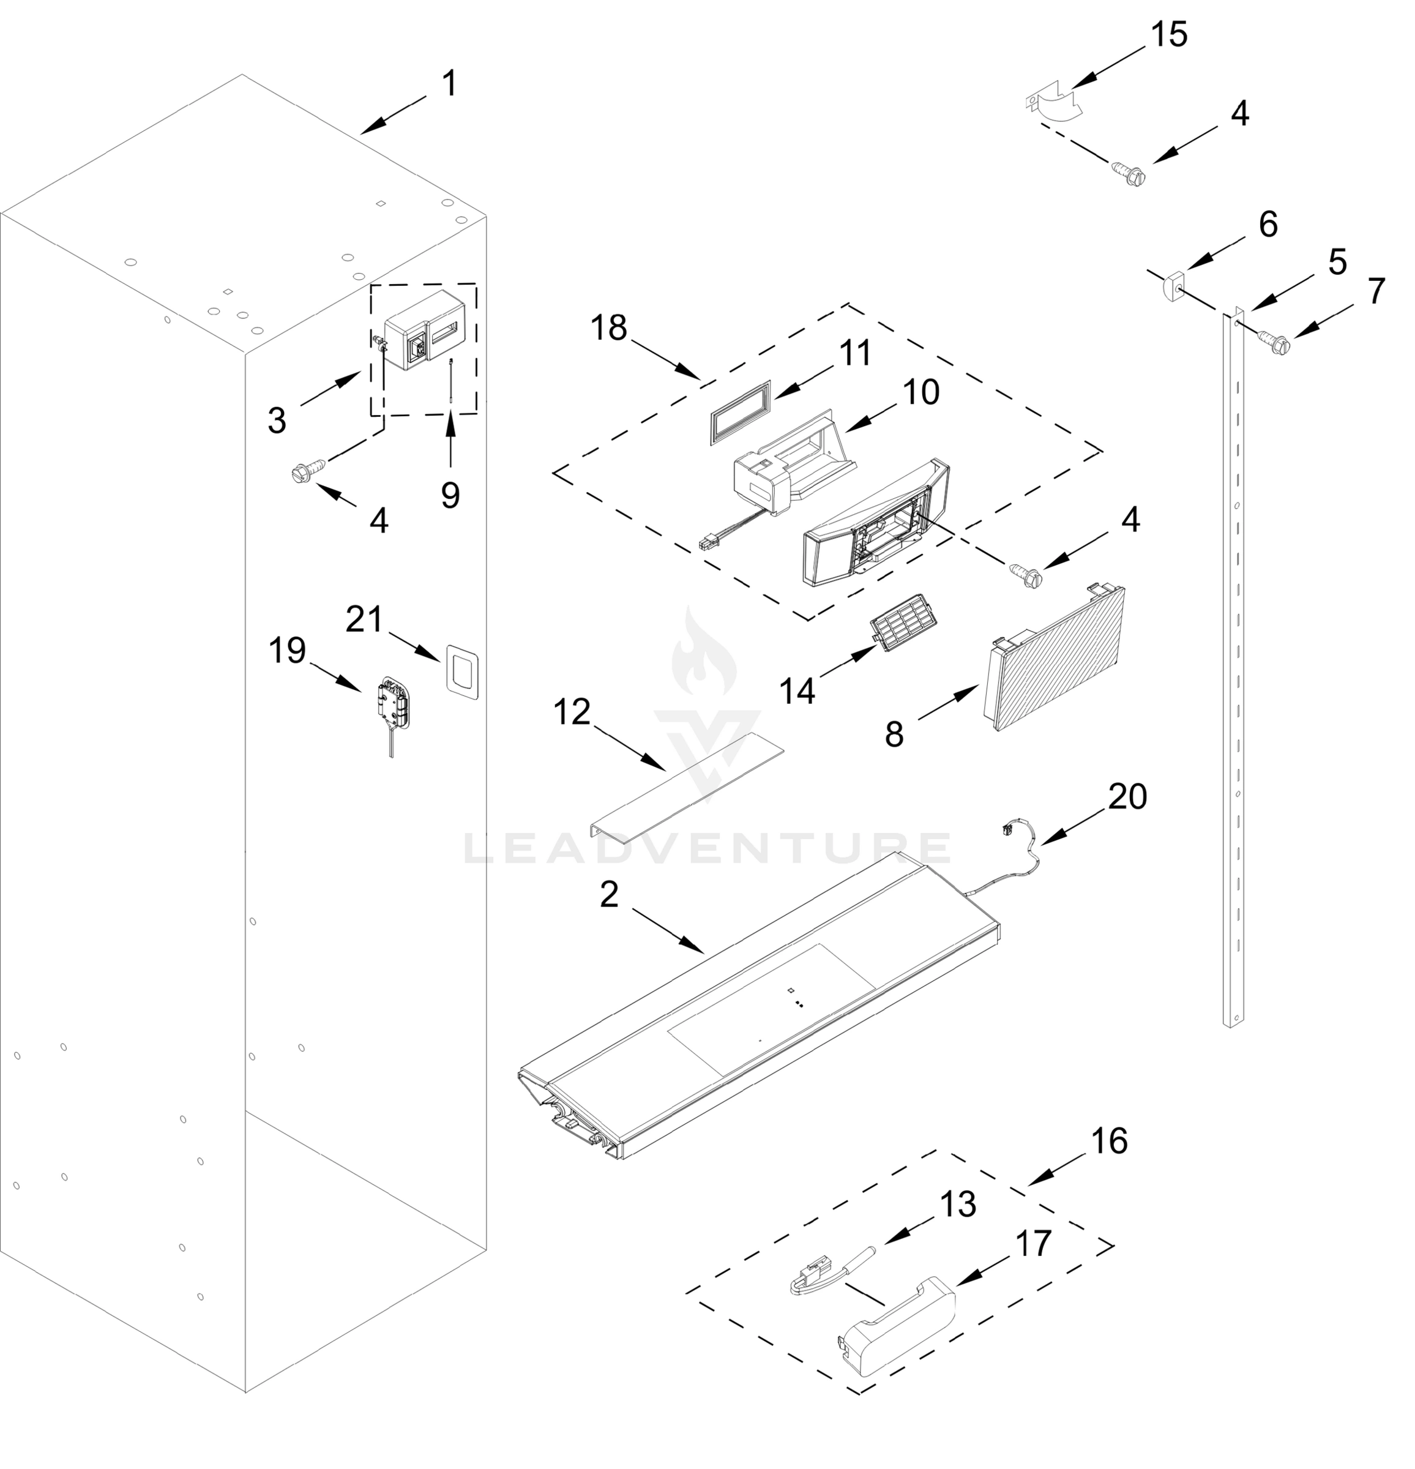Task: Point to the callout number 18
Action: [608, 328]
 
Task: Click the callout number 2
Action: [608, 894]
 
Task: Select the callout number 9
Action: [450, 495]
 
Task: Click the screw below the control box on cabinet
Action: [307, 470]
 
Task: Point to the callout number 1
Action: [449, 83]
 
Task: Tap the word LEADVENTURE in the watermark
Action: [707, 848]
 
